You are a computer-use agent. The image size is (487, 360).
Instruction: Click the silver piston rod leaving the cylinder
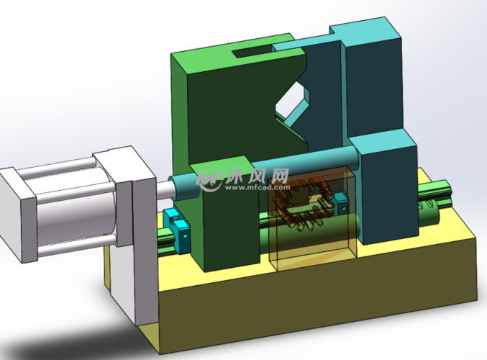click(165, 189)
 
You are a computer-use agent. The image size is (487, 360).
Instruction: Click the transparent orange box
click(311, 217)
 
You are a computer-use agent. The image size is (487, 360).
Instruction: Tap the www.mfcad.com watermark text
click(257, 187)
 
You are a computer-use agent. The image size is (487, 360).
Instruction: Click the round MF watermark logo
click(209, 180)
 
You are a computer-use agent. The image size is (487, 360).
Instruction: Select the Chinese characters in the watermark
click(257, 176)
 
